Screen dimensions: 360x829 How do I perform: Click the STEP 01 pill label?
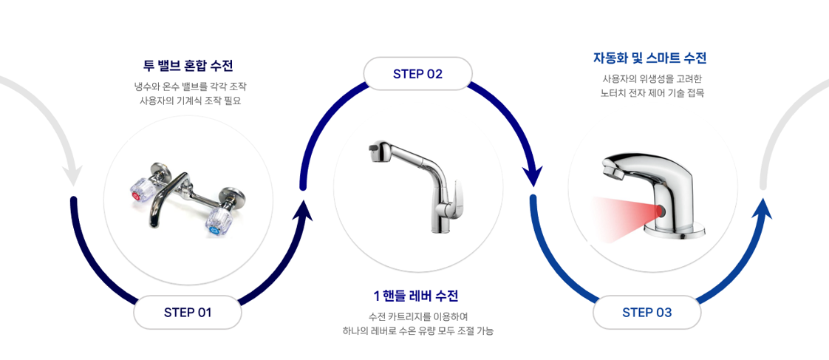click(x=188, y=312)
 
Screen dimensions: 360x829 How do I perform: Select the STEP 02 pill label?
click(x=417, y=74)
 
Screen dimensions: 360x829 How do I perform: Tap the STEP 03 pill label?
click(x=647, y=312)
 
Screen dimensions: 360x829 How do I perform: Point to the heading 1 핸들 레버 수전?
click(x=417, y=296)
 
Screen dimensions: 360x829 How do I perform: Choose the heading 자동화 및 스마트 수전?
click(x=649, y=58)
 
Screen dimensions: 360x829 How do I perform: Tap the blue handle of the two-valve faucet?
click(x=217, y=220)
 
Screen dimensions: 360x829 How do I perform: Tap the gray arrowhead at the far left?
click(x=72, y=175)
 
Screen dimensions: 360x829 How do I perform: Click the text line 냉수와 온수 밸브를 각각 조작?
click(x=190, y=86)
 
